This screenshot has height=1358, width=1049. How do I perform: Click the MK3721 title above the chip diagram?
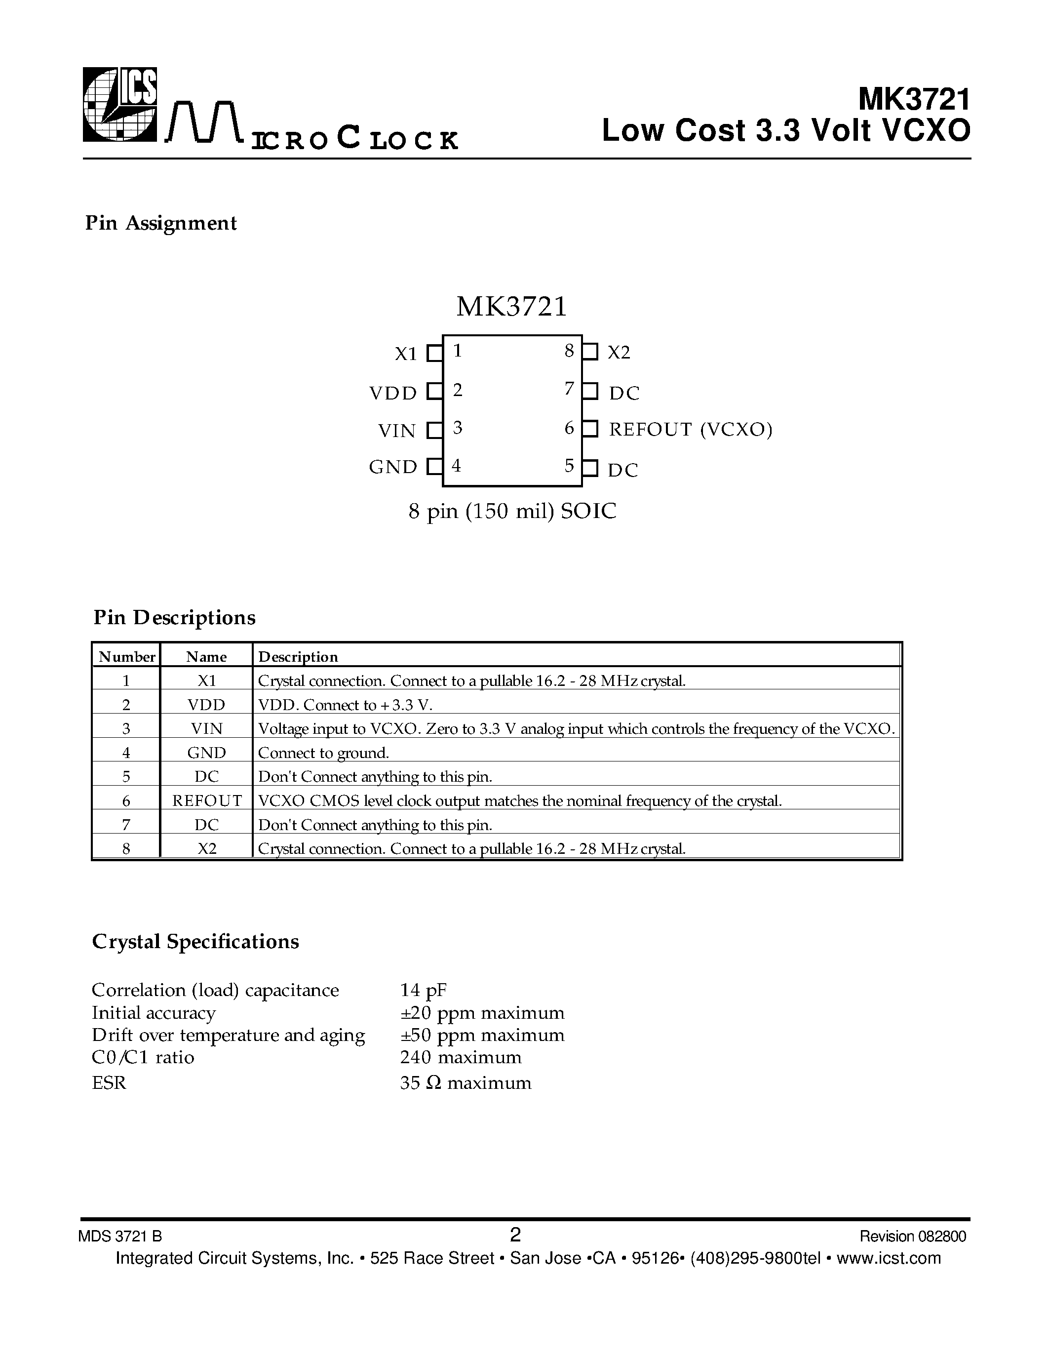(511, 307)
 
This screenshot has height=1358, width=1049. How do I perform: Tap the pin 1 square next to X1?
(434, 354)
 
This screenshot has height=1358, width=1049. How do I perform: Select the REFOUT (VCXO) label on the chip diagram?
(690, 430)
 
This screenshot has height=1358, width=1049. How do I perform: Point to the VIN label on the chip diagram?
(396, 430)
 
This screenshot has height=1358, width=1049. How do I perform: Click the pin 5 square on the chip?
(590, 468)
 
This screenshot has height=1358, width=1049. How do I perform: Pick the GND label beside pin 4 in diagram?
(393, 467)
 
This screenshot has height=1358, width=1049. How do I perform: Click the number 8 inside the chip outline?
(569, 351)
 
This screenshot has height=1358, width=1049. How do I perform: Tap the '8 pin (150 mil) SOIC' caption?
(512, 511)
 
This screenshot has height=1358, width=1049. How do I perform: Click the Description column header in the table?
(298, 657)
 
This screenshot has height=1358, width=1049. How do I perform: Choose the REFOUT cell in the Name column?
(206, 801)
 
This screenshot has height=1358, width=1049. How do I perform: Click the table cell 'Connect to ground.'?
(323, 753)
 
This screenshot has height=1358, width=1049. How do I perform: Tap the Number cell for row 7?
(126, 825)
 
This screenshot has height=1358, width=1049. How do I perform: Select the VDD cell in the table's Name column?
(206, 705)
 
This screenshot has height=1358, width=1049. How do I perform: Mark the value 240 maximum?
(461, 1057)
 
